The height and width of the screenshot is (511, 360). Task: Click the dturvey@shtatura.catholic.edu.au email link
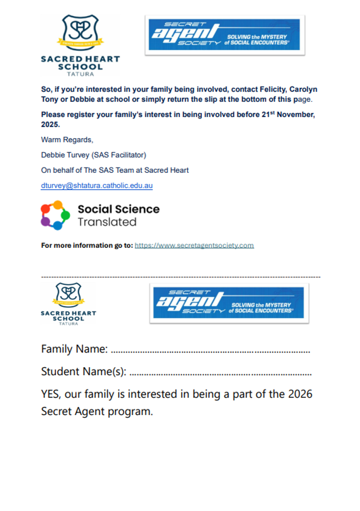[x=97, y=186]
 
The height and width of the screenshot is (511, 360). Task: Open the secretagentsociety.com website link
[x=194, y=245]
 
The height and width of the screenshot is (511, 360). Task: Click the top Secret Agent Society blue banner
[x=225, y=35]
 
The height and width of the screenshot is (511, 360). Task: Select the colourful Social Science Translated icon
[x=55, y=215]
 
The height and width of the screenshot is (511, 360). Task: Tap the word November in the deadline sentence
[x=296, y=115]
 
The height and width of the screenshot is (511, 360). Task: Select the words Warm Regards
[x=67, y=140]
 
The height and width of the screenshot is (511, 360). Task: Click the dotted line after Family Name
[x=210, y=352]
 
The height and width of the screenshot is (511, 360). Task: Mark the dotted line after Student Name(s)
[x=220, y=374]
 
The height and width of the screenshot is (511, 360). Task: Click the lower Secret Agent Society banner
[x=229, y=303]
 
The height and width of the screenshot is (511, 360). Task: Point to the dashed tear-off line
[x=180, y=277]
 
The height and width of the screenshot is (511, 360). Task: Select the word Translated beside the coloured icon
[x=107, y=222]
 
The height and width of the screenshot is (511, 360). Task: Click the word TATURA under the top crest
[x=80, y=74]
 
